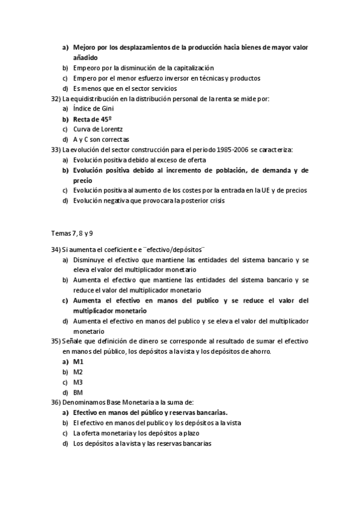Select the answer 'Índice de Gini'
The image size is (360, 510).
pyautogui.click(x=93, y=108)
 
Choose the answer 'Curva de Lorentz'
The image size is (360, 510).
pyautogui.click(x=99, y=129)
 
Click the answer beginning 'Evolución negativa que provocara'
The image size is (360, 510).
pyautogui.click(x=148, y=200)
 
